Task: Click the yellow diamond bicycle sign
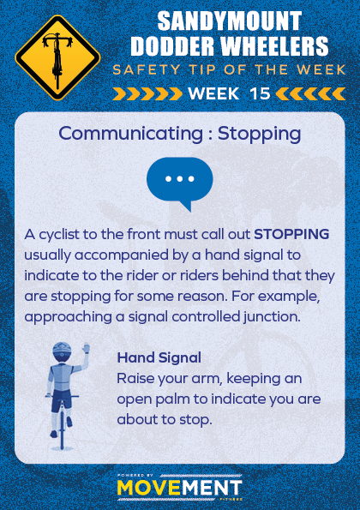pos(57,57)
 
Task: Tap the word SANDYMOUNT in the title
pos(230,21)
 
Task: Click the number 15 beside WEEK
pos(260,93)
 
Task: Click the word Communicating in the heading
pos(131,134)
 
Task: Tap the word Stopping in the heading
pos(259,134)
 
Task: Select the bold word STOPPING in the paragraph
pos(291,234)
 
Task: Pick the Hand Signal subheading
pos(159,357)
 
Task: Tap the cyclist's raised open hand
pos(86,348)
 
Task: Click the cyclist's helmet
pos(62,350)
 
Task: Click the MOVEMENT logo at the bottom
pos(179,488)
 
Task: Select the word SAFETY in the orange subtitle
pos(147,70)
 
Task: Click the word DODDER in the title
pos(173,46)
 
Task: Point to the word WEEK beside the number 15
pos(213,93)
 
